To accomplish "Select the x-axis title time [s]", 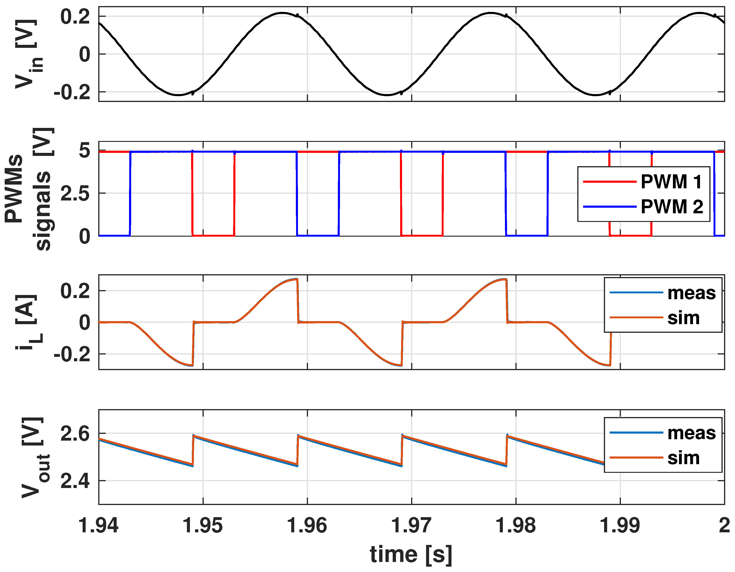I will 411,554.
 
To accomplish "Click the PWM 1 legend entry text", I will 671,182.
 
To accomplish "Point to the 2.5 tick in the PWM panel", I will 75,193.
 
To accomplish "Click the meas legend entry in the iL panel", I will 692,293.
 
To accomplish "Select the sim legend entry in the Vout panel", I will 683,458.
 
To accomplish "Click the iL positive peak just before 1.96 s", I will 295,279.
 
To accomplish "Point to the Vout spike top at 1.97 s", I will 402,435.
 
